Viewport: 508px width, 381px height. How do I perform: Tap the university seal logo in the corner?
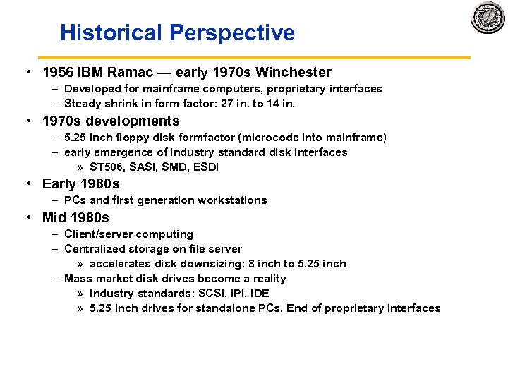(488, 18)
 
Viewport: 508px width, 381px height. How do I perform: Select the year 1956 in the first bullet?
(58, 72)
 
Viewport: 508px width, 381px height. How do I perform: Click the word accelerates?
(119, 264)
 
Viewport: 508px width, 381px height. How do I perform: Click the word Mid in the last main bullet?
(54, 217)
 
